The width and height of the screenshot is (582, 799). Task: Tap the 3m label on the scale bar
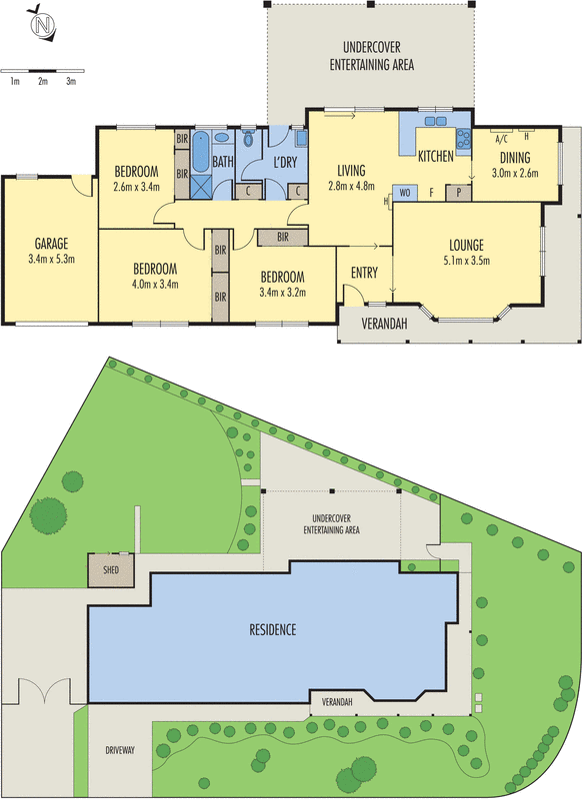(x=71, y=81)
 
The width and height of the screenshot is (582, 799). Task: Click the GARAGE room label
(x=49, y=243)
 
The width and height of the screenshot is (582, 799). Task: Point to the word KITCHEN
(x=435, y=157)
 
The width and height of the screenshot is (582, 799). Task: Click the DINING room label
(x=515, y=157)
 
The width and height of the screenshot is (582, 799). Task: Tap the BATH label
(x=222, y=162)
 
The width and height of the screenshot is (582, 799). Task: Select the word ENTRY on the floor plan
(x=363, y=273)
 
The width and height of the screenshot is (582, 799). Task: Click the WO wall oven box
(x=405, y=191)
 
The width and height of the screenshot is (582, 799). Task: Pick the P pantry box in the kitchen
(x=459, y=191)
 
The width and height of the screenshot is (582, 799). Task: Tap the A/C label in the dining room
(x=501, y=140)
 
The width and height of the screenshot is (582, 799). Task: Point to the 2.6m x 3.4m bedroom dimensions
(x=136, y=185)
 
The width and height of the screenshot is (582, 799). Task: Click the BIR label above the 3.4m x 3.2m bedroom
(x=283, y=237)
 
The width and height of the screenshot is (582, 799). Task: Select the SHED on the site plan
(x=103, y=571)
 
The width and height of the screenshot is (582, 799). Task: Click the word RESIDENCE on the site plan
(x=272, y=630)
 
